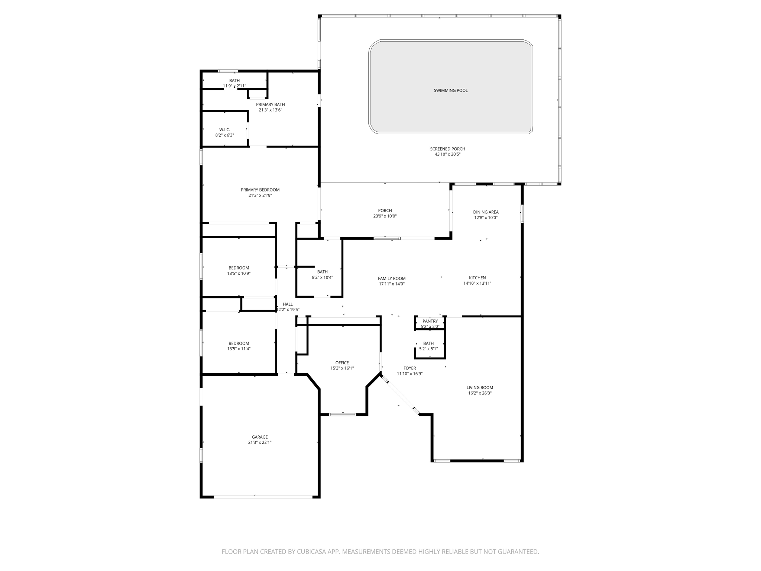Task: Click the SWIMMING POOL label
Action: pos(450,90)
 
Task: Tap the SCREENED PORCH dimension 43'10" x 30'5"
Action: pos(447,154)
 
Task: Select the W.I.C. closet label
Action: pos(224,130)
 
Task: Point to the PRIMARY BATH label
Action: pos(270,104)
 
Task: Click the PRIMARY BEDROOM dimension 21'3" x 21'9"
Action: pos(260,195)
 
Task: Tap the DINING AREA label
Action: pos(486,212)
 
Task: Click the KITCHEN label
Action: pos(477,278)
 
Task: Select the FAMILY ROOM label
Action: pos(392,278)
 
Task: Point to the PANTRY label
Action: pos(430,321)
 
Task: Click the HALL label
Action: pos(288,304)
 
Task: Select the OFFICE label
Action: pos(342,363)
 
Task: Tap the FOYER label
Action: pos(409,368)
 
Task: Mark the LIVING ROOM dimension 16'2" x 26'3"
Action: pos(480,393)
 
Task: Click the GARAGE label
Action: pos(260,437)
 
